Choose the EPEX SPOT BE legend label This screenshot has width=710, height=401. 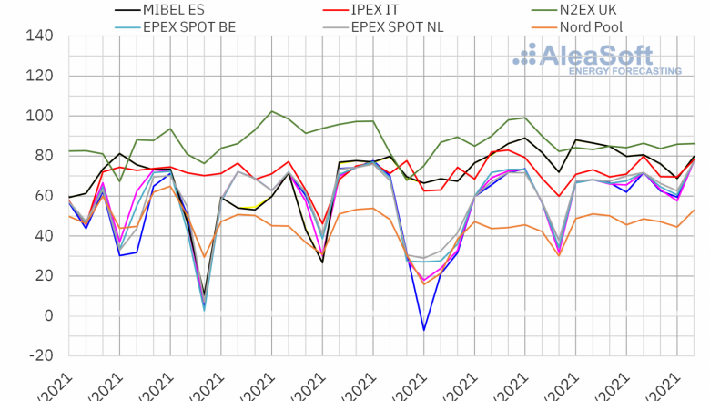[188, 26]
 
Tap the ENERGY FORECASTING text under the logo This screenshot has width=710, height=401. [624, 70]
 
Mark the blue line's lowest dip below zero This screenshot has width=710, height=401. [423, 329]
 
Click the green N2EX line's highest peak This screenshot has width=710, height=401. [272, 111]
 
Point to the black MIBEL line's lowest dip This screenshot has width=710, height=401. [205, 296]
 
